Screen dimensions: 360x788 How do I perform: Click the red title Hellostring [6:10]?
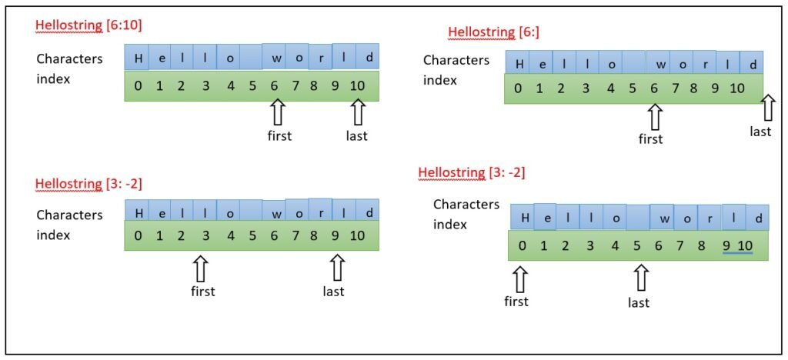coord(88,25)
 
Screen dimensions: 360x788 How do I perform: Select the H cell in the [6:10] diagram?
coord(137,58)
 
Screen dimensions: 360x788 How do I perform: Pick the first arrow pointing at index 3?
coord(202,268)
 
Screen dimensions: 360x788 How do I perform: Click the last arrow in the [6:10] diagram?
coord(356,113)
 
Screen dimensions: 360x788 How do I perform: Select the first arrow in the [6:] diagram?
coord(654,117)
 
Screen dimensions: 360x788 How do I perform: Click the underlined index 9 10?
coord(736,246)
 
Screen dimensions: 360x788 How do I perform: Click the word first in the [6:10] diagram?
coord(279,136)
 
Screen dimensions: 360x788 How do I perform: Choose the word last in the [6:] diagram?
coord(760,132)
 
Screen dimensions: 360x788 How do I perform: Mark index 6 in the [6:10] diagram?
coord(273,85)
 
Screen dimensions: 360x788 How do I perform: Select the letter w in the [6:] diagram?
coord(659,65)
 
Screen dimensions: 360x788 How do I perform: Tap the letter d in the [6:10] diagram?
coord(369,58)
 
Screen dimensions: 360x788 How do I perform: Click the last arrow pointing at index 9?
coord(336,268)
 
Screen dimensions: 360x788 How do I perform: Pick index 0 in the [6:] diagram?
coord(518,88)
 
